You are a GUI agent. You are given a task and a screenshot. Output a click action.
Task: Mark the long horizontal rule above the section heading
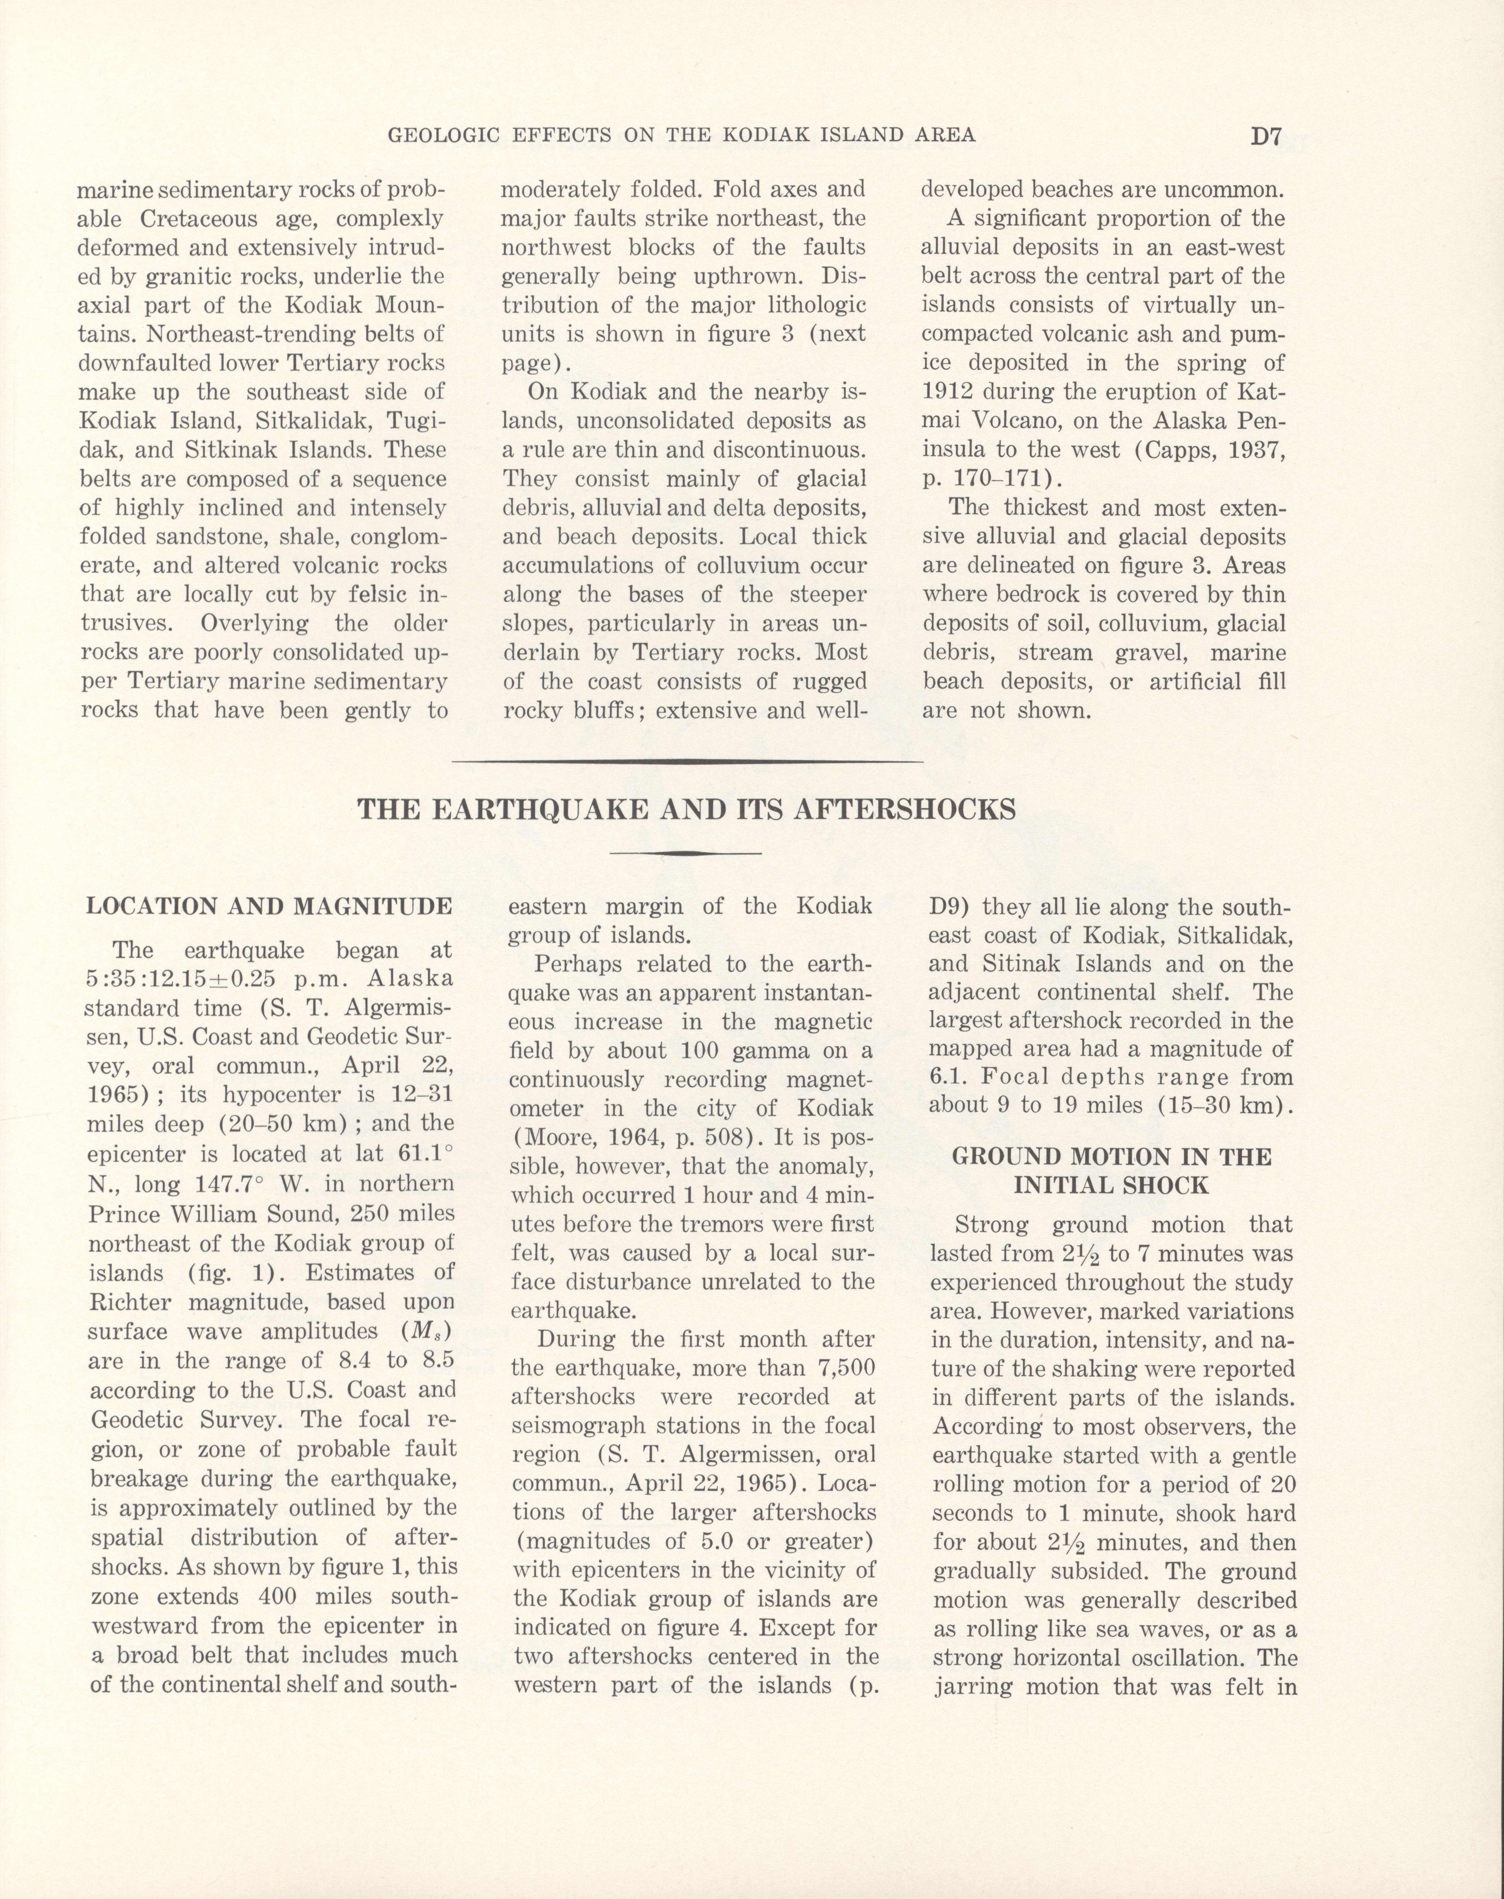point(687,761)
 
